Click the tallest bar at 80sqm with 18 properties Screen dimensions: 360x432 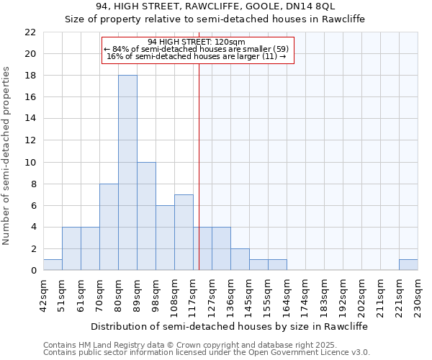[127, 173]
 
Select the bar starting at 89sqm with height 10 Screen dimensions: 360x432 [146, 216]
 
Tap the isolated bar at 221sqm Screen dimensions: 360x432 [408, 265]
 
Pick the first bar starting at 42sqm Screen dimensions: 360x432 [53, 265]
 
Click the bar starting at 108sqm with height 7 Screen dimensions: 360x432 [184, 233]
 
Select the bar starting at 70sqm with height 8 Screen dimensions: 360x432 [109, 227]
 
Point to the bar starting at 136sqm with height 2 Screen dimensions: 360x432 [240, 259]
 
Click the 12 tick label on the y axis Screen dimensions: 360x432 [30, 140]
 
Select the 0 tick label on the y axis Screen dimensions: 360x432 [33, 271]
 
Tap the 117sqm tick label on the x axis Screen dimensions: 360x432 [193, 294]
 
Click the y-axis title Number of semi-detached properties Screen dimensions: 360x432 [7, 156]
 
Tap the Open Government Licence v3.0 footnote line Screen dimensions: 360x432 [207, 353]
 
